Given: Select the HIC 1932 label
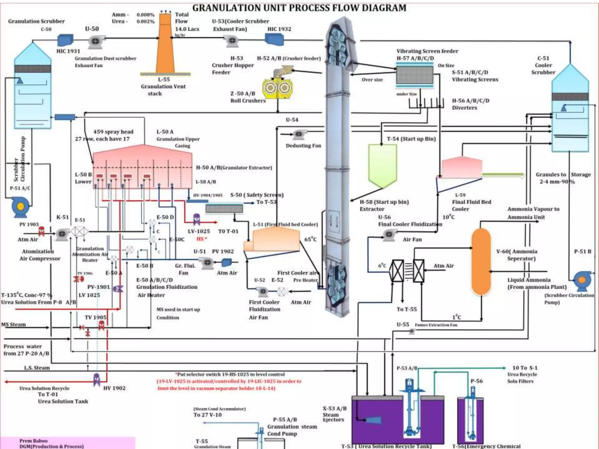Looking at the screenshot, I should click(x=279, y=29).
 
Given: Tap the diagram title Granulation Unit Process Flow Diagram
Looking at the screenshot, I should click(x=299, y=8).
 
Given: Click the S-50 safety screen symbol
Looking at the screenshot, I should click(x=224, y=208).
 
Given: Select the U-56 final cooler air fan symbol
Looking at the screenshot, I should click(x=389, y=235).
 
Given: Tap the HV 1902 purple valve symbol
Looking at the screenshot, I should click(x=97, y=379).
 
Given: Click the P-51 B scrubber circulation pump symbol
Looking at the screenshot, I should click(x=582, y=280).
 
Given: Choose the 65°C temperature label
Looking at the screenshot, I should click(x=310, y=239).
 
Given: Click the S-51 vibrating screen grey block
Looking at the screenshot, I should click(x=414, y=75).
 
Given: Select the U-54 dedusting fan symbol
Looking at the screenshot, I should click(x=298, y=134).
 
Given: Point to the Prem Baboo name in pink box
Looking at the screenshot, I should click(x=33, y=441).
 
